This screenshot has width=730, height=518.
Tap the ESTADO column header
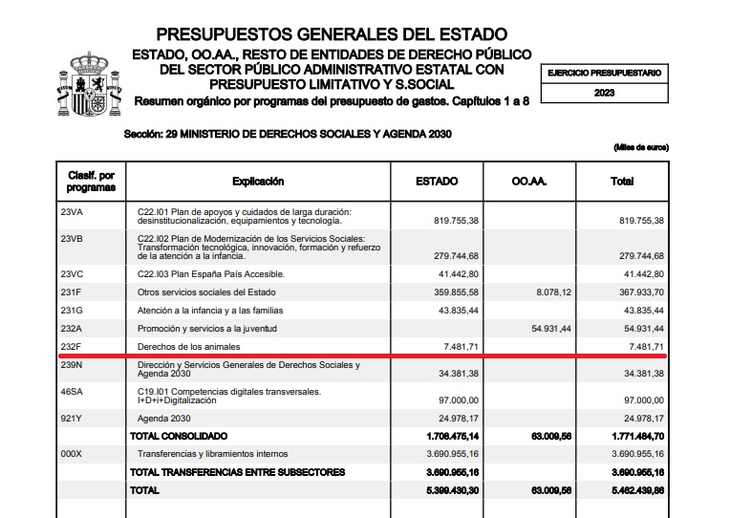click(x=437, y=182)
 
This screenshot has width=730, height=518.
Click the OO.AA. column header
click(x=528, y=182)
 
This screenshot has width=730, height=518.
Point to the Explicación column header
click(x=258, y=182)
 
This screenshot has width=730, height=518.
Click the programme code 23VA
click(x=73, y=211)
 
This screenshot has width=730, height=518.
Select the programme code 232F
click(x=73, y=345)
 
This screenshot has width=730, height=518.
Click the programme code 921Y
click(x=73, y=418)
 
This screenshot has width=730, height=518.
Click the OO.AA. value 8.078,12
click(x=551, y=291)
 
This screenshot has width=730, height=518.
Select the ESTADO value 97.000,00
click(x=456, y=399)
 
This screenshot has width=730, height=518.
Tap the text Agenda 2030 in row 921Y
click(x=163, y=418)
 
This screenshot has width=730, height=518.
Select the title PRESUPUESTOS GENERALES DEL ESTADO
click(x=332, y=35)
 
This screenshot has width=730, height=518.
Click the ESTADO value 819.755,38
click(x=454, y=220)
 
